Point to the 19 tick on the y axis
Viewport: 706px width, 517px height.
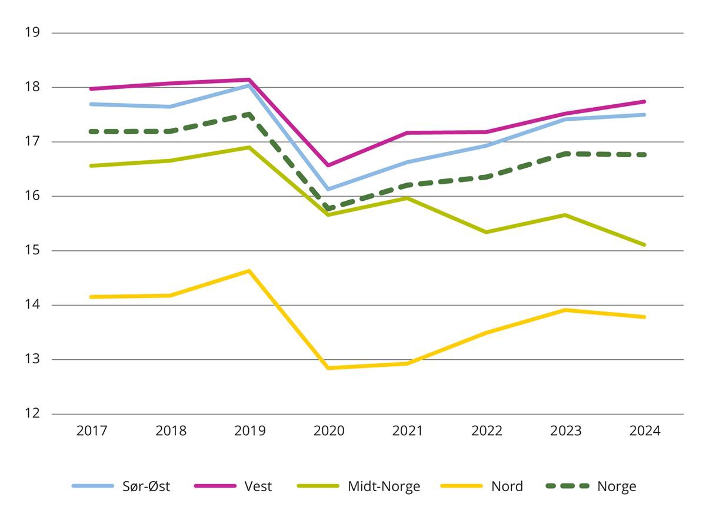coord(32,32)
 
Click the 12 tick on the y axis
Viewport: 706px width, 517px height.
coord(32,414)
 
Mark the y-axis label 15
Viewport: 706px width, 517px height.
coord(32,251)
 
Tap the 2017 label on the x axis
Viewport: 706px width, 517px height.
coord(92,431)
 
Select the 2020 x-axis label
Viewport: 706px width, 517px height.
coord(329,431)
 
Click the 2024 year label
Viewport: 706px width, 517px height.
coord(645,431)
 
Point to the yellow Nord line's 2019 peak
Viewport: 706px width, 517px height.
coord(249,271)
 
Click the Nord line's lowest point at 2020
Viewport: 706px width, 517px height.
coord(328,368)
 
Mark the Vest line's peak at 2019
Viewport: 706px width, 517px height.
coord(249,79)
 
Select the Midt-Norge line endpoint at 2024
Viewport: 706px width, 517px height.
coord(645,245)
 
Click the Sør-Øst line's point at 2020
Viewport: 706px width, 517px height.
coord(328,189)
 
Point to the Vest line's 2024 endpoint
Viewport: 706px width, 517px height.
coord(645,101)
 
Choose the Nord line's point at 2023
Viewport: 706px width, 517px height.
coord(565,310)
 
